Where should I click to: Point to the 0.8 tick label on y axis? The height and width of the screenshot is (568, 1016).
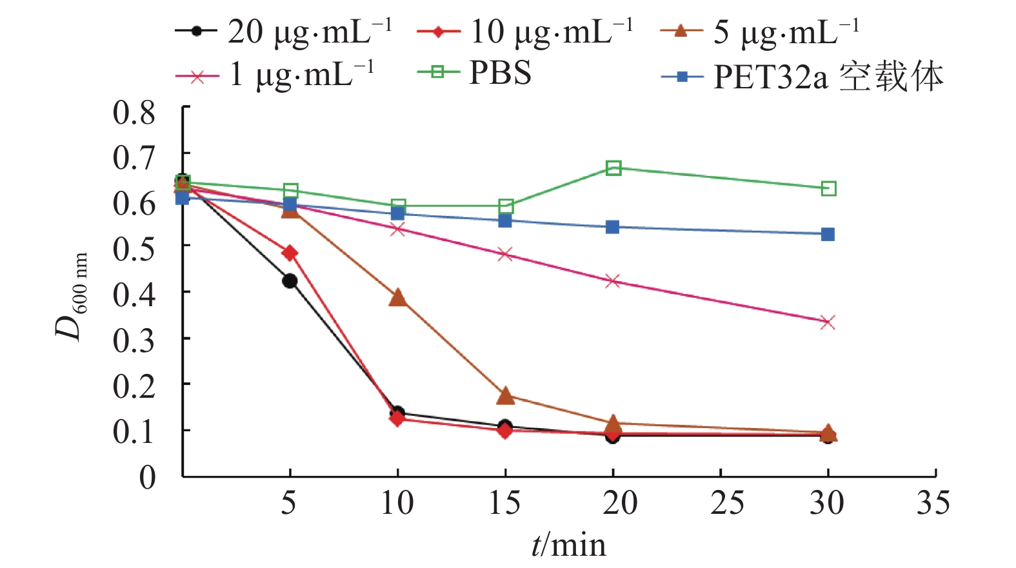(x=134, y=113)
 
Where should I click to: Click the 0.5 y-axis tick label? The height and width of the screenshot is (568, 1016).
(x=134, y=248)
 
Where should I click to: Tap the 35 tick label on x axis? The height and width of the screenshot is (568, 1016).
(x=933, y=503)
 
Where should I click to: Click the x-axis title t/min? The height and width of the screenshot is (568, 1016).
(x=568, y=545)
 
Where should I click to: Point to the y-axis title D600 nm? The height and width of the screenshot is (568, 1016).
(x=71, y=297)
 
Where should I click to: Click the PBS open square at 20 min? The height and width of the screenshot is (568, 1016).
(x=613, y=168)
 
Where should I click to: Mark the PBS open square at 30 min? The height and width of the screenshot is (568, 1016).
(x=829, y=189)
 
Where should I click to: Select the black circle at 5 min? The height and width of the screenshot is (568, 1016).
(x=290, y=281)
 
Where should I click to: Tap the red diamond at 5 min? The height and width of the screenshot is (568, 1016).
(x=290, y=253)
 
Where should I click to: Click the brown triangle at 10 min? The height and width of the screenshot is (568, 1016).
(x=398, y=298)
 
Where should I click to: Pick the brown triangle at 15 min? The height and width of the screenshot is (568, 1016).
(x=506, y=396)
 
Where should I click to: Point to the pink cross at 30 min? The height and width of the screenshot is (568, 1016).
(x=828, y=322)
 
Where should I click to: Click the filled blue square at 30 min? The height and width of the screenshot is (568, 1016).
(x=828, y=235)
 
